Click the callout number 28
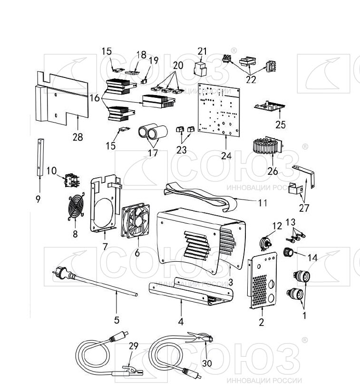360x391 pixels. point(78,137)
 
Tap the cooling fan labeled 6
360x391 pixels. point(137,221)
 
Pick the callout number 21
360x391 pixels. point(203,51)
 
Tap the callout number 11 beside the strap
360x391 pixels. point(263,203)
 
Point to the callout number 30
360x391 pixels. point(206,363)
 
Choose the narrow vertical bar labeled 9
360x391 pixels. point(39,157)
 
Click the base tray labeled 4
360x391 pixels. point(190,295)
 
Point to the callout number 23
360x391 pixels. point(182,149)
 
